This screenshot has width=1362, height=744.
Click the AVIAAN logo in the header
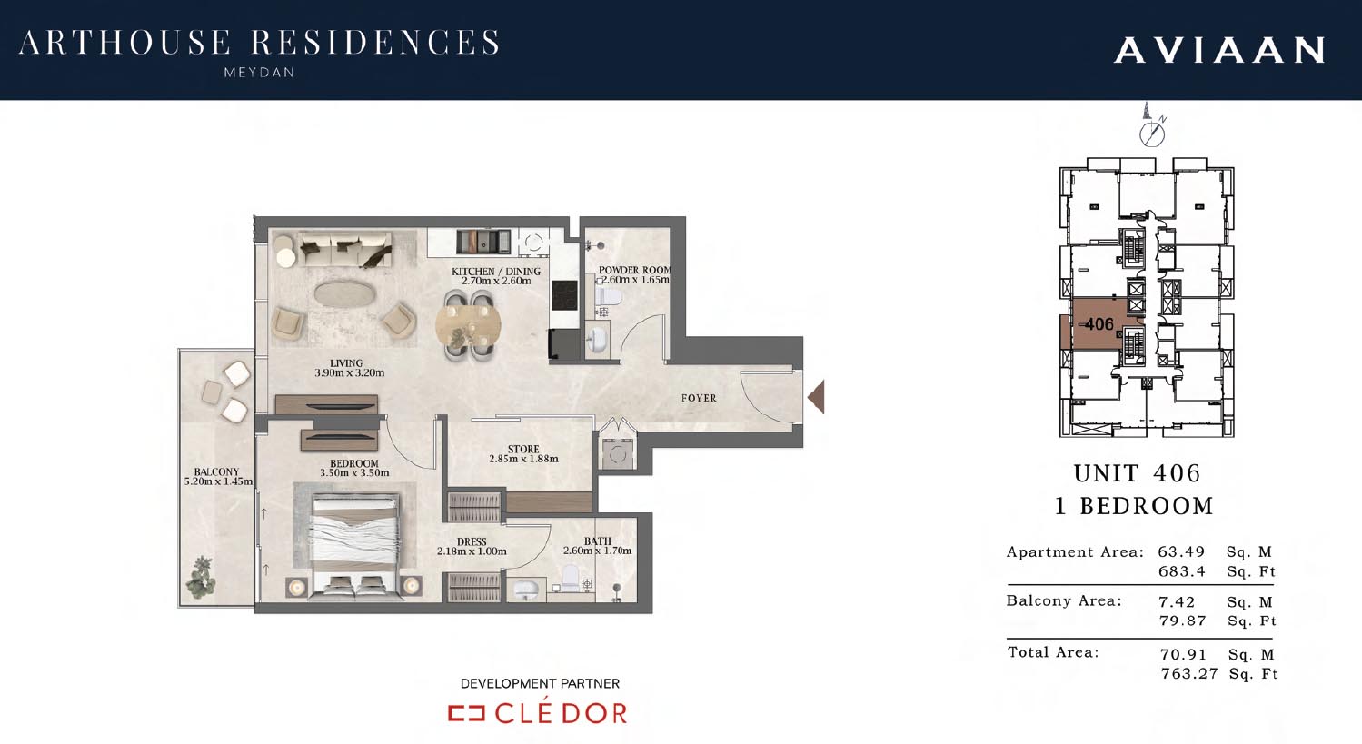click(x=1219, y=50)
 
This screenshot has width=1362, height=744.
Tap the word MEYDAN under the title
click(x=259, y=73)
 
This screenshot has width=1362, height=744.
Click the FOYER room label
click(x=699, y=398)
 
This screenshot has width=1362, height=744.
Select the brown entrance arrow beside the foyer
click(x=816, y=397)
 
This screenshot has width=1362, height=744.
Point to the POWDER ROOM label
click(x=635, y=270)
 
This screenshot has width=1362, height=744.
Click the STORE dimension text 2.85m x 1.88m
click(x=523, y=459)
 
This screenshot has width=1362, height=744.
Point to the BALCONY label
click(x=216, y=471)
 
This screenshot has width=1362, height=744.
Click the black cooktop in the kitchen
click(x=564, y=296)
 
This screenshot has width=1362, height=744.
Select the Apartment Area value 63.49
click(x=1181, y=552)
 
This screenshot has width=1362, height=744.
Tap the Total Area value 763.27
click(x=1189, y=674)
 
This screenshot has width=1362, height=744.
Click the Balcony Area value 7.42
click(x=1177, y=602)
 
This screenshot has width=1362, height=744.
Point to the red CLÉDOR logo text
click(x=560, y=713)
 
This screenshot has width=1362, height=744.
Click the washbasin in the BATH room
click(x=526, y=589)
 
